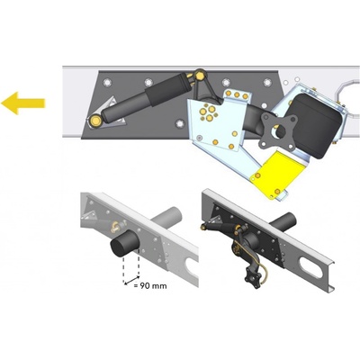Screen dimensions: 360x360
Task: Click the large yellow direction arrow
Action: (22, 103)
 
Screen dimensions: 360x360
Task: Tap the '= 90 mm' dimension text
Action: (150, 285)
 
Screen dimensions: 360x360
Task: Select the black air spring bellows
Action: (316, 126)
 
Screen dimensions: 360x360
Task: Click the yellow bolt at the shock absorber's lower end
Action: (95, 121)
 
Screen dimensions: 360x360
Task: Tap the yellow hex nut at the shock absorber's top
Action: (200, 74)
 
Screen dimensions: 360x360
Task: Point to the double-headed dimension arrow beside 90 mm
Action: (131, 279)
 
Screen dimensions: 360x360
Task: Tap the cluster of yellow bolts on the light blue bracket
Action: (208, 112)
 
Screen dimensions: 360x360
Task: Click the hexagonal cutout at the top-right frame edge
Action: (348, 97)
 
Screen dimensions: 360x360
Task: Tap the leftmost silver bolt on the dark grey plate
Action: (107, 82)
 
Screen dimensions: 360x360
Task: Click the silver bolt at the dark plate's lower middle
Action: (180, 123)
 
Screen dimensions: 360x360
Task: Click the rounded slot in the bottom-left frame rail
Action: (191, 264)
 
